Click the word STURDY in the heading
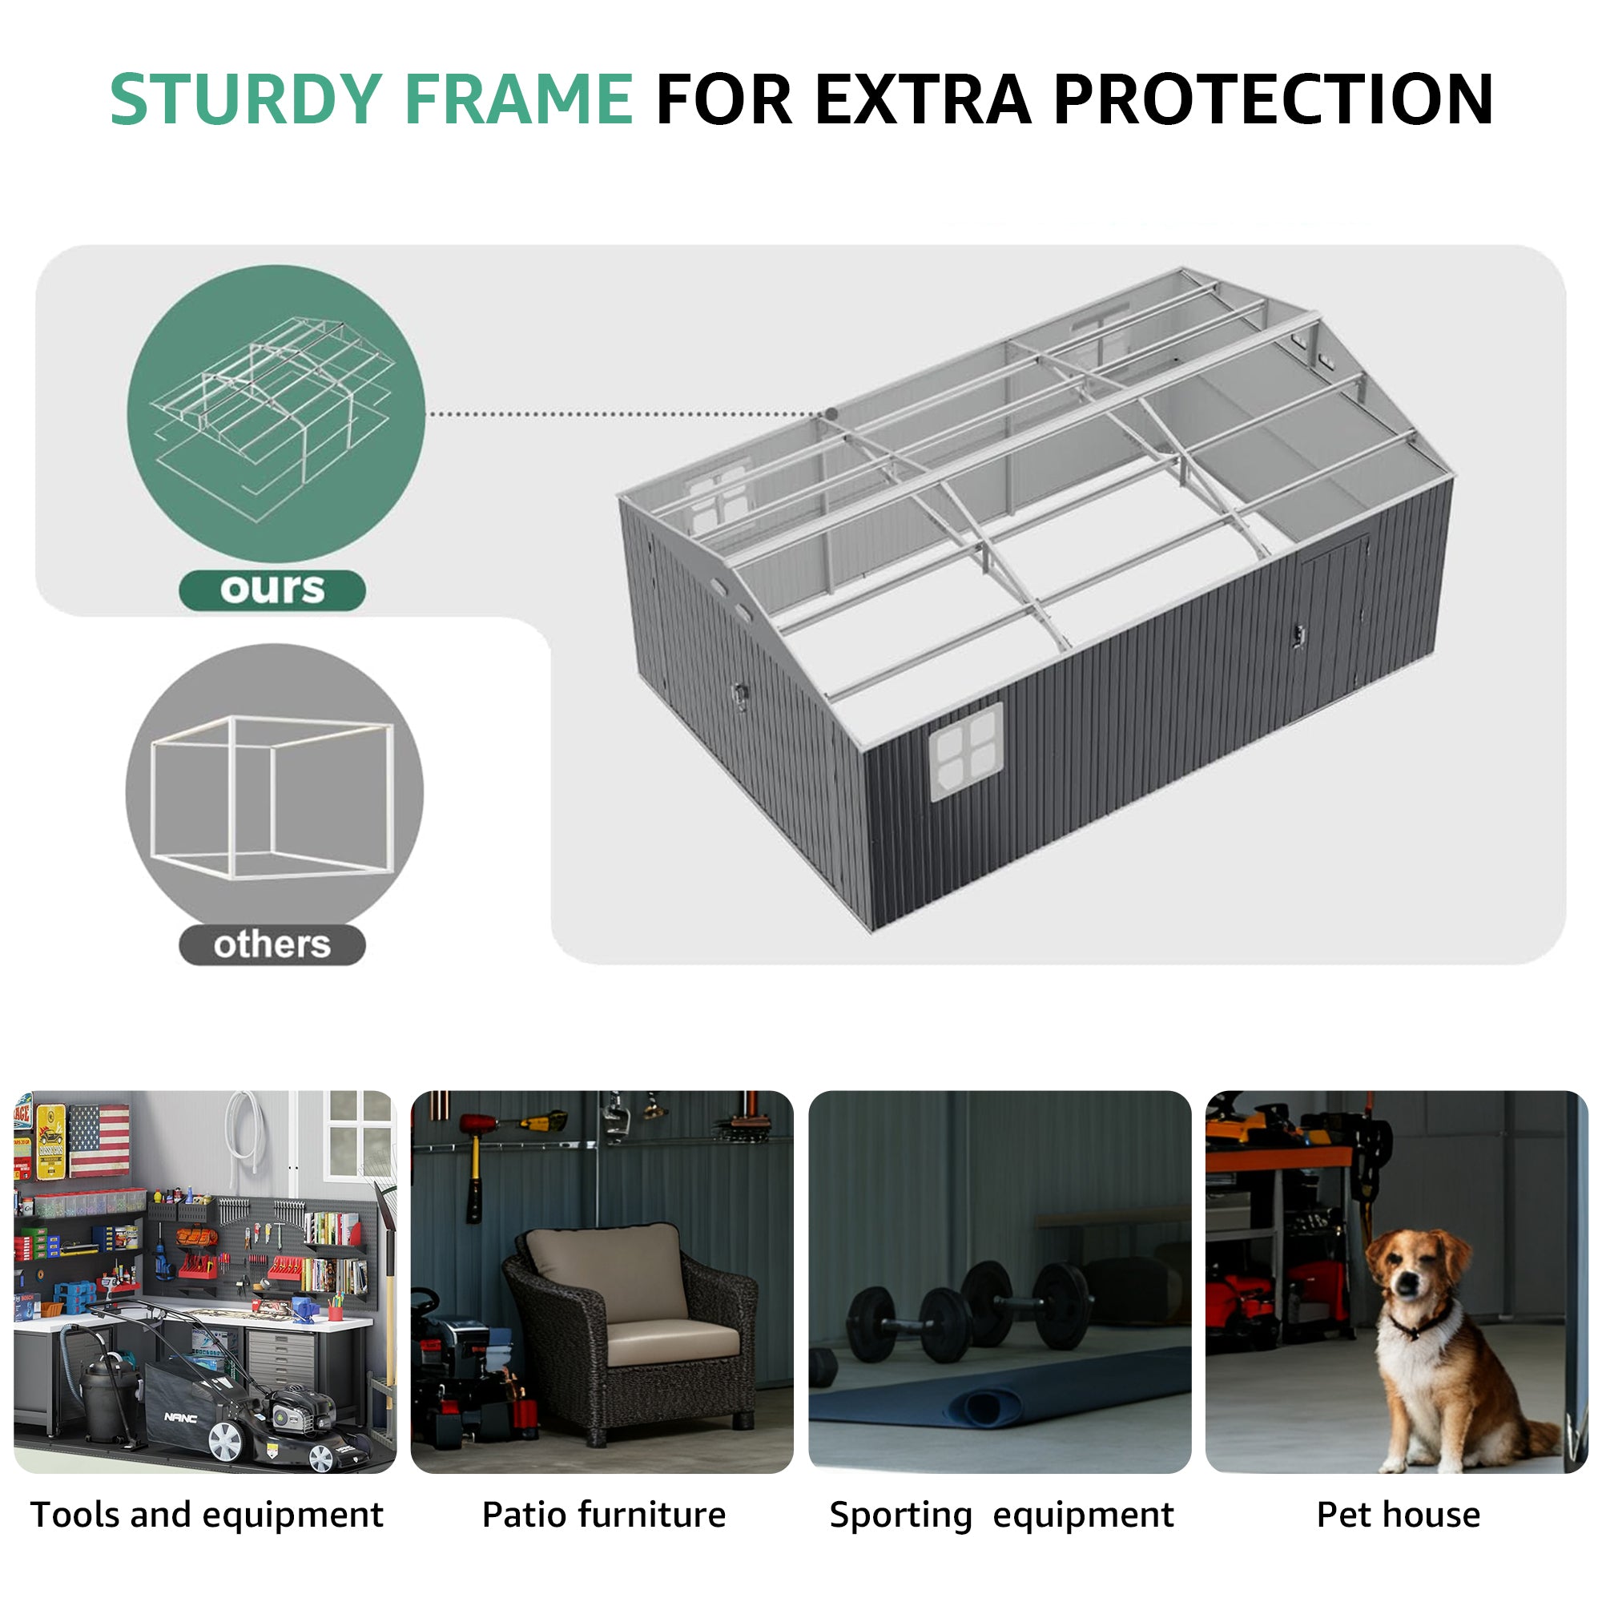(246, 99)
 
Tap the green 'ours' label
(272, 590)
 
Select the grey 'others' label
(272, 944)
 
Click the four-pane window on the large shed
(966, 751)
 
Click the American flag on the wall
(99, 1141)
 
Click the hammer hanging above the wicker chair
(476, 1161)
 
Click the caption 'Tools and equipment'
(207, 1515)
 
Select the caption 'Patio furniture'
(604, 1515)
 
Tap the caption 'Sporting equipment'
(1002, 1515)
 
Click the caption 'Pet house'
(1398, 1515)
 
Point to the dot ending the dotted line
(831, 414)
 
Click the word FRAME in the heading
(521, 99)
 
